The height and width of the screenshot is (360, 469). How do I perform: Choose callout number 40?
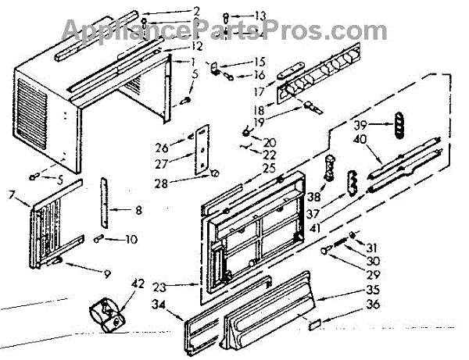(360, 139)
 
